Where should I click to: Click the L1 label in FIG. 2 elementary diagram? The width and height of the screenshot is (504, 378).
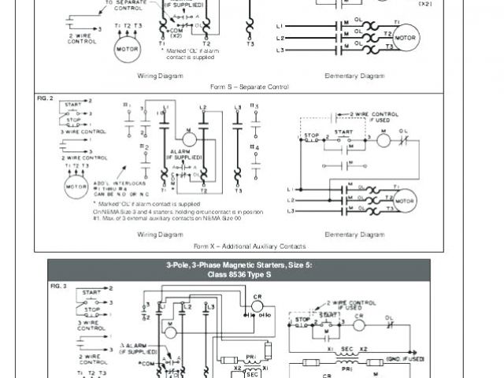point(291,190)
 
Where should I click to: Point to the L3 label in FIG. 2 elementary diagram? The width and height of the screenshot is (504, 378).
point(291,211)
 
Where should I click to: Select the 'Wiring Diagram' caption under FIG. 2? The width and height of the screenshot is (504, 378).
point(161,235)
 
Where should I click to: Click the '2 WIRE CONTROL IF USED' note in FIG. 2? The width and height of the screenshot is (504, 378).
point(370,118)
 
